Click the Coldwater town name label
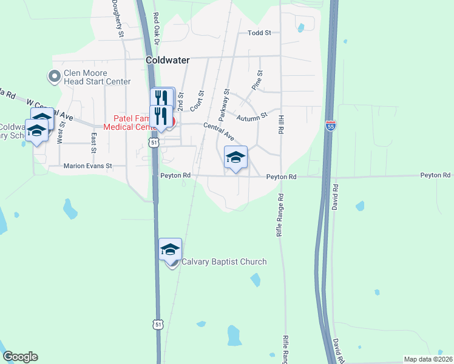tap(168, 61)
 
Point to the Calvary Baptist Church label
tap(224, 262)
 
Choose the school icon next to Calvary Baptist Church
tap(170, 249)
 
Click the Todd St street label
tap(259, 33)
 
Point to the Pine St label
tap(257, 81)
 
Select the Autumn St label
tap(252, 115)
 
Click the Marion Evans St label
tap(88, 165)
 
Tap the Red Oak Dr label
tap(156, 27)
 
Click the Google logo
tap(20, 357)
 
